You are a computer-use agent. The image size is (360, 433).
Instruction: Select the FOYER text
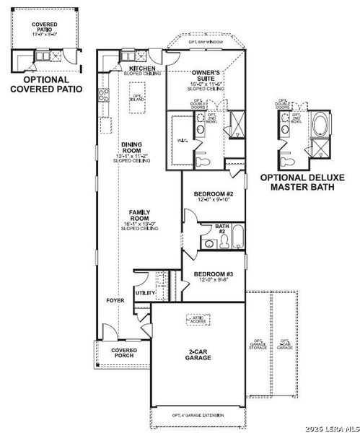click(x=115, y=300)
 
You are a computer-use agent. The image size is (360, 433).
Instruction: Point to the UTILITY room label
click(x=144, y=292)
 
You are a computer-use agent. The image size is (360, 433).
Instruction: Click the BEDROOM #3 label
click(x=213, y=276)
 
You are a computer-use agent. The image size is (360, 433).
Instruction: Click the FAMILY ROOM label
click(x=139, y=215)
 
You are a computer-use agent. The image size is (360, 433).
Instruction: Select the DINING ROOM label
click(x=131, y=148)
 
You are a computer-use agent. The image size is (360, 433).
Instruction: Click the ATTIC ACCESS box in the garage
click(x=196, y=318)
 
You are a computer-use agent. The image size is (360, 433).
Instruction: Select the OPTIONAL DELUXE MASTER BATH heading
click(x=303, y=181)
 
